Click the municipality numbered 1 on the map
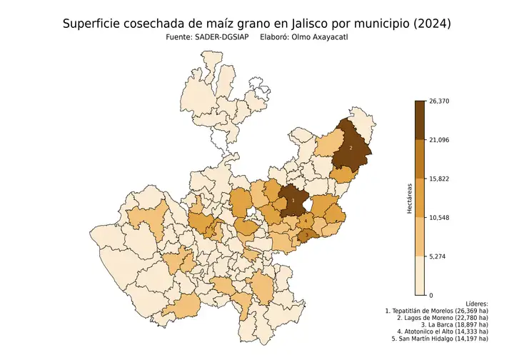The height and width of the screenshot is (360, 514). tap(292, 202)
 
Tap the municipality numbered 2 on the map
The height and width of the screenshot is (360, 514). tap(351, 148)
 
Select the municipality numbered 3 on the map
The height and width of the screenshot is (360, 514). tap(306, 235)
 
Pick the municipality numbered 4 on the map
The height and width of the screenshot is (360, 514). tap(306, 221)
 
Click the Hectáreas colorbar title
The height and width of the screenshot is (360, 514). tap(409, 198)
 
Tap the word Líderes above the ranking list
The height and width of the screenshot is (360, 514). tap(474, 304)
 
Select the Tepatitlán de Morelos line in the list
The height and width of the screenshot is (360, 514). tap(436, 311)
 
